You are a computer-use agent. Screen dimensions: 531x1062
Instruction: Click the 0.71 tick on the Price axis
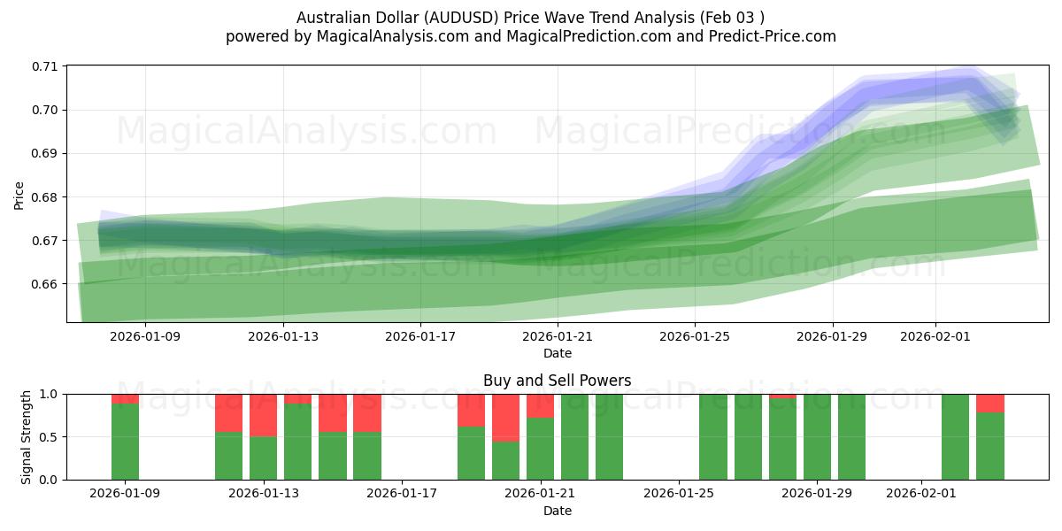pyautogui.click(x=45, y=66)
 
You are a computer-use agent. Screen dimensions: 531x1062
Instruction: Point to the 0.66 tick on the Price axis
pyautogui.click(x=45, y=284)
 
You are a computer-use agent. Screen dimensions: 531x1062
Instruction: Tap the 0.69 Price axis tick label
pyautogui.click(x=45, y=153)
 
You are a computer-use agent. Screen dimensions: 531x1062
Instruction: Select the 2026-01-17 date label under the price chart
pyautogui.click(x=419, y=336)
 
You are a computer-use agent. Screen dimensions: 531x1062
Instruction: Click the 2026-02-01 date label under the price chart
pyautogui.click(x=935, y=336)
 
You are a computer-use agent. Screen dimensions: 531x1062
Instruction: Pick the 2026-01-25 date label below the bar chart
pyautogui.click(x=679, y=494)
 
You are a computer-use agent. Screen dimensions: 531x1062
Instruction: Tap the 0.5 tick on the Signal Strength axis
pyautogui.click(x=50, y=437)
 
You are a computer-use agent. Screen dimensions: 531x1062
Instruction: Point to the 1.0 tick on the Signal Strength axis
pyautogui.click(x=50, y=394)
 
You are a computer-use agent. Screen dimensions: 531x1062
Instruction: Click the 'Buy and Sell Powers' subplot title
pyautogui.click(x=557, y=381)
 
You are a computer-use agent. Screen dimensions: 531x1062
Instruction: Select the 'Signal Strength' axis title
pyautogui.click(x=26, y=436)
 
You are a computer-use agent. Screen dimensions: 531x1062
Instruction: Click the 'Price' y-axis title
pyautogui.click(x=19, y=194)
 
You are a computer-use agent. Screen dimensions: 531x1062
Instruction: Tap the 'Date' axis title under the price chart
pyautogui.click(x=557, y=353)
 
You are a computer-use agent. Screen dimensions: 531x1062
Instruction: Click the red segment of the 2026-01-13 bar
pyautogui.click(x=263, y=415)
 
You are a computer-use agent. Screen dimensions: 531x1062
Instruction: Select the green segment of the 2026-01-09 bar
pyautogui.click(x=125, y=442)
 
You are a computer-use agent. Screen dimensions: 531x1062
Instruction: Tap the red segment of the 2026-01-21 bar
pyautogui.click(x=540, y=405)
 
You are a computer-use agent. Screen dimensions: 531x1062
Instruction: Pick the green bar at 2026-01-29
pyautogui.click(x=817, y=437)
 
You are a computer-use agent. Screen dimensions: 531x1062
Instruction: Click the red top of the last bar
pyautogui.click(x=990, y=404)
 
